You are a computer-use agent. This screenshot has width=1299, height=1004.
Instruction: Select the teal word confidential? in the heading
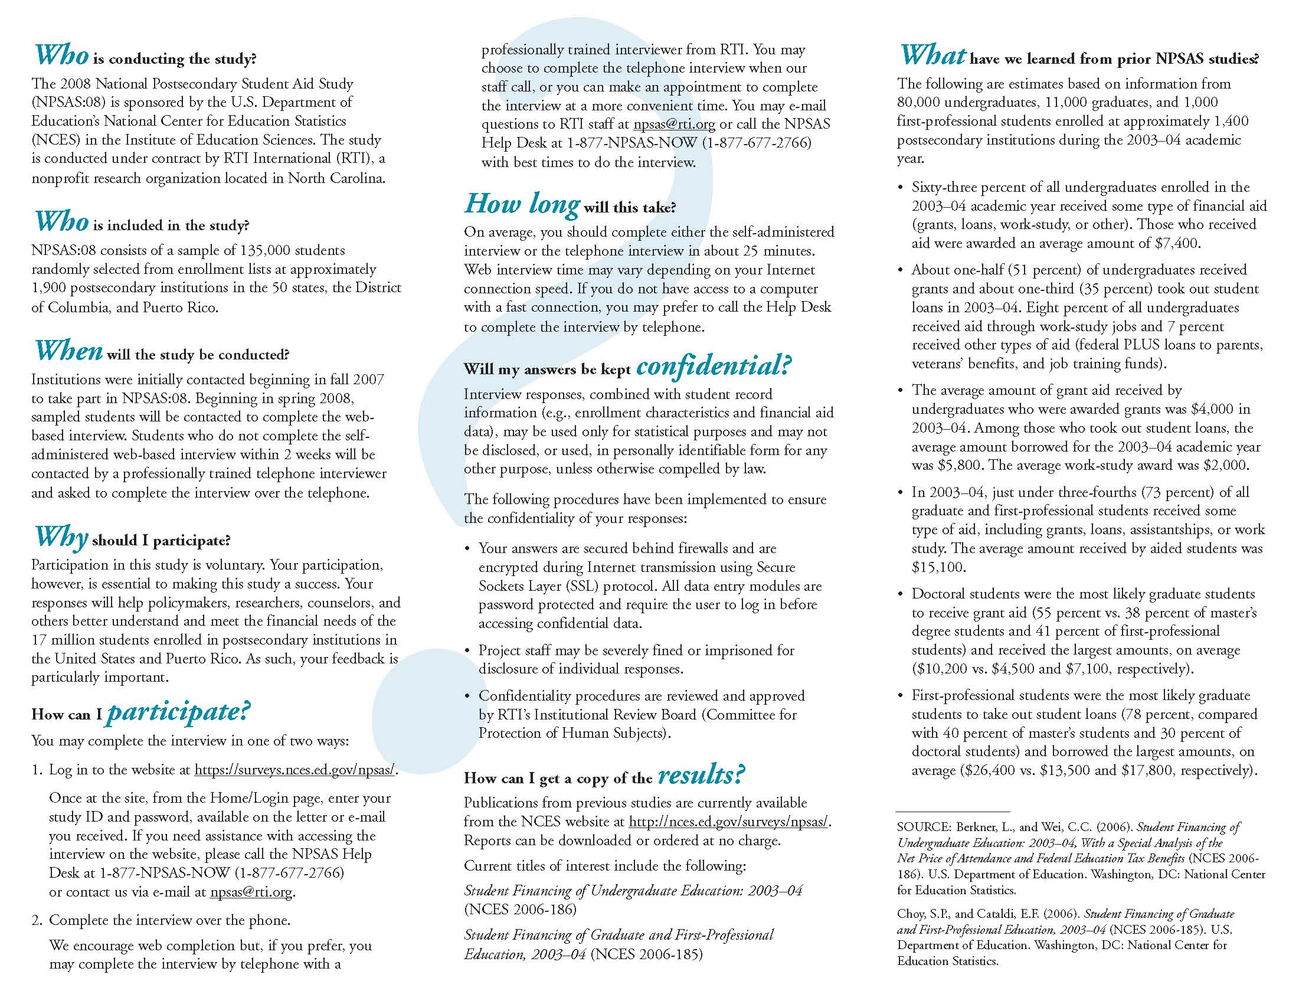(713, 366)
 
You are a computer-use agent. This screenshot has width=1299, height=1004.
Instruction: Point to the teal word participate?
(178, 711)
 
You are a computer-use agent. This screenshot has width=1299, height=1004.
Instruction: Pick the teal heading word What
(932, 55)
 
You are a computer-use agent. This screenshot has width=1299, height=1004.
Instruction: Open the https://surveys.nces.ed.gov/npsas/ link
(295, 770)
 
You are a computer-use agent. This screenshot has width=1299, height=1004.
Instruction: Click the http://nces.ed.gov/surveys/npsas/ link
(729, 822)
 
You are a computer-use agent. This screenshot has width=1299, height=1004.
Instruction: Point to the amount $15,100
(937, 567)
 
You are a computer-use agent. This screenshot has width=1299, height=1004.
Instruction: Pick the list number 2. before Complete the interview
(37, 921)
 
